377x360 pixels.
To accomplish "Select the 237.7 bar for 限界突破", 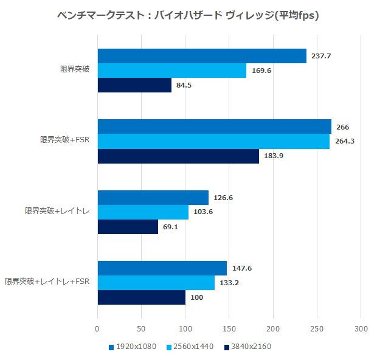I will [201, 56].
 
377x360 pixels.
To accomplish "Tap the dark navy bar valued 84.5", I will [134, 86].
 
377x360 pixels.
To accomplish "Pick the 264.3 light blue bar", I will [213, 142].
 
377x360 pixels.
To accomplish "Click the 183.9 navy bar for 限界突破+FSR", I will [178, 156].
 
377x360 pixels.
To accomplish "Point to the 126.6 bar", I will [153, 198].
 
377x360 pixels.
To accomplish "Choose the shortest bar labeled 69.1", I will [128, 227].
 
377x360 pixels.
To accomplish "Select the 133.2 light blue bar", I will [156, 283].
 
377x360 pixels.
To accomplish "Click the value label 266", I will [342, 127].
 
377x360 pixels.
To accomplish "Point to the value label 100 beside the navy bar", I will [197, 298].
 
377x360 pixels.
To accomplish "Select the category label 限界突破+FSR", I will [64, 140].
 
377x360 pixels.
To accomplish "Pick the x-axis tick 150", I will [229, 328].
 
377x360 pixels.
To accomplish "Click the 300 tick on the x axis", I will [361, 328].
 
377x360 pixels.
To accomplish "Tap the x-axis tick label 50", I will [141, 328].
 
